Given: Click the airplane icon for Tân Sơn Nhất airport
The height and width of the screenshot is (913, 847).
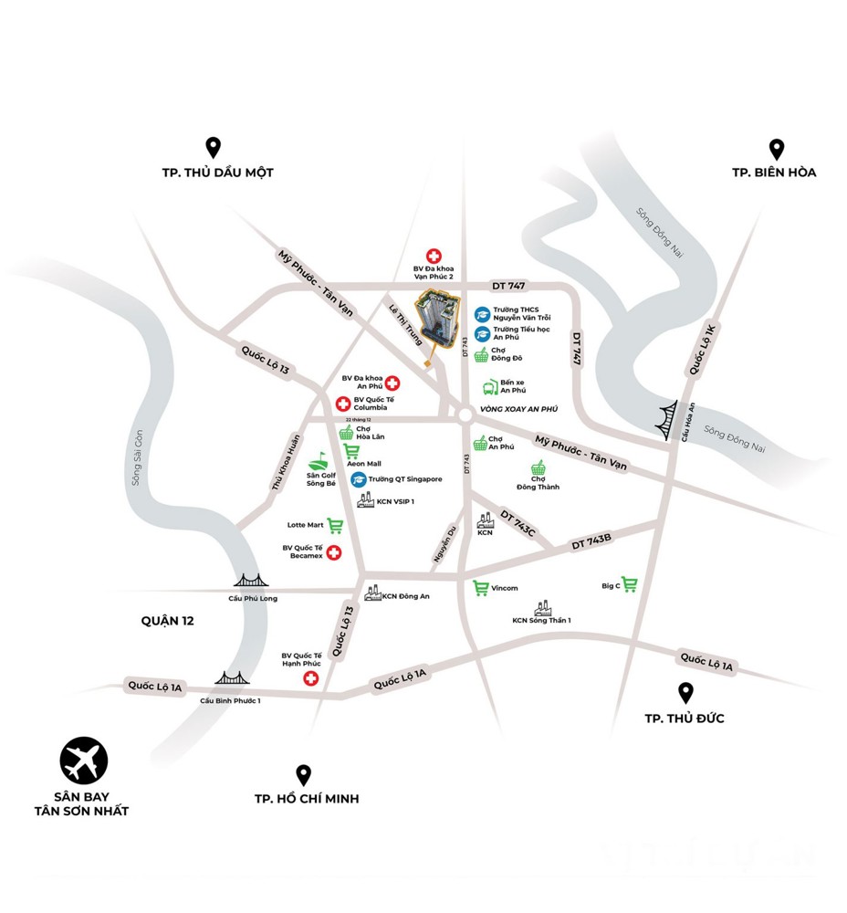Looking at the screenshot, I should (x=84, y=760).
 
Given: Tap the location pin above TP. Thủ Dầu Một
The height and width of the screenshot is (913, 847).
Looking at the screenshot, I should (x=213, y=147).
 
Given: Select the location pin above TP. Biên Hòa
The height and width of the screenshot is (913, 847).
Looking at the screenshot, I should (x=777, y=149).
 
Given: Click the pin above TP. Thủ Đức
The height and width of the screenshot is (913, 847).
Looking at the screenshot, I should (x=685, y=693).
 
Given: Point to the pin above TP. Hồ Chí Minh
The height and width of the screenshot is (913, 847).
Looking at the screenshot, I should (x=304, y=774).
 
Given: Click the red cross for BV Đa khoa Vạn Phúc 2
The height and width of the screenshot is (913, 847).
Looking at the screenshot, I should (x=434, y=257).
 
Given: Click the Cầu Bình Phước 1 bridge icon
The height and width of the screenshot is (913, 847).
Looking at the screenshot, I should (x=232, y=678).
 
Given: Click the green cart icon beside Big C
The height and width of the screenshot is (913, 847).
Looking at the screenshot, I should (x=630, y=584).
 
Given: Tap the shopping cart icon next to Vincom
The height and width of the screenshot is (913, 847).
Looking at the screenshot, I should (x=480, y=588).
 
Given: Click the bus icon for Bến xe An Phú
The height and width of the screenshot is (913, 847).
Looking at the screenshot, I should (x=490, y=387).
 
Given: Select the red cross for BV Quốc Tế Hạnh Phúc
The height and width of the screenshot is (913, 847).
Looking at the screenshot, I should (x=311, y=677).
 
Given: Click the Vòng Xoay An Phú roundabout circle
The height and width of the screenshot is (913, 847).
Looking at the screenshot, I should (x=465, y=416).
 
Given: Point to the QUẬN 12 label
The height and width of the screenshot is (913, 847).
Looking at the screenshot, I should (x=168, y=620).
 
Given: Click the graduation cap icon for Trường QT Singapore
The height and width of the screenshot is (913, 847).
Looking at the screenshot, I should (x=360, y=479).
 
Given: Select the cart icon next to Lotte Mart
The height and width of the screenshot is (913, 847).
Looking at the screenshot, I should (x=335, y=525).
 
